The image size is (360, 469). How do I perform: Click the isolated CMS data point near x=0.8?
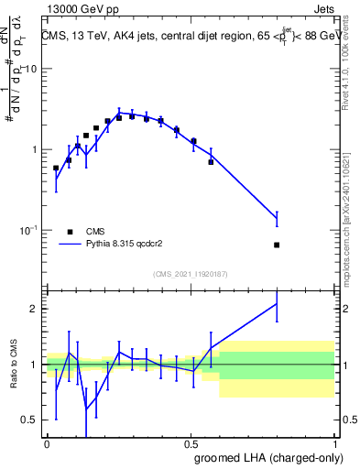(277, 245)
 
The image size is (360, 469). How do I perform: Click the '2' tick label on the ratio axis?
(35, 309)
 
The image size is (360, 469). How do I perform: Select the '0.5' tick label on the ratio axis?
(29, 420)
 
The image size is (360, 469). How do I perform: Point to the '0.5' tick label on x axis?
(191, 442)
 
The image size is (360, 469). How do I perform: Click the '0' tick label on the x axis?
(47, 442)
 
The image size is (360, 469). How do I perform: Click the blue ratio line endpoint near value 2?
(277, 304)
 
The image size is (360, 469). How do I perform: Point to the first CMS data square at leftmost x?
(56, 168)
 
